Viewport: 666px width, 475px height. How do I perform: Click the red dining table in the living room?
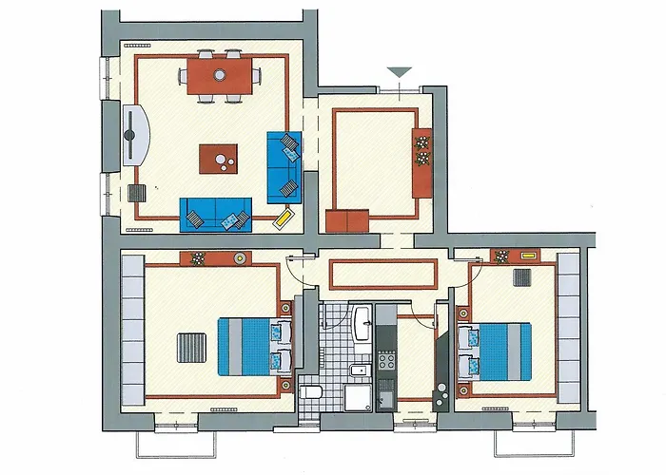tap(220, 76)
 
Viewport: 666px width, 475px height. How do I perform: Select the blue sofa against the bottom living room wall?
tap(216, 213)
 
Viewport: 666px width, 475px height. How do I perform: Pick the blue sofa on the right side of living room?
tap(283, 166)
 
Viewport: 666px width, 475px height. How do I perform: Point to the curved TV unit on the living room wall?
tap(136, 135)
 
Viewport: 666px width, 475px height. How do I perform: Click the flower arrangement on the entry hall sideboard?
tap(422, 150)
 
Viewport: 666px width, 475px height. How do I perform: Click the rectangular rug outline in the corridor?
tap(382, 274)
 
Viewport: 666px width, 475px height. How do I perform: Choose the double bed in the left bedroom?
tap(253, 346)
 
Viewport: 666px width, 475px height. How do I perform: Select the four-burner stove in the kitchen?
tap(387, 361)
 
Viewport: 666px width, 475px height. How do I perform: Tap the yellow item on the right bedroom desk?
tap(529, 256)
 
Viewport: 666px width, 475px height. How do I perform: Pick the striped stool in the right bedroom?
tap(521, 277)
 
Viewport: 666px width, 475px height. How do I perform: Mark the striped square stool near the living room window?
tap(137, 194)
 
